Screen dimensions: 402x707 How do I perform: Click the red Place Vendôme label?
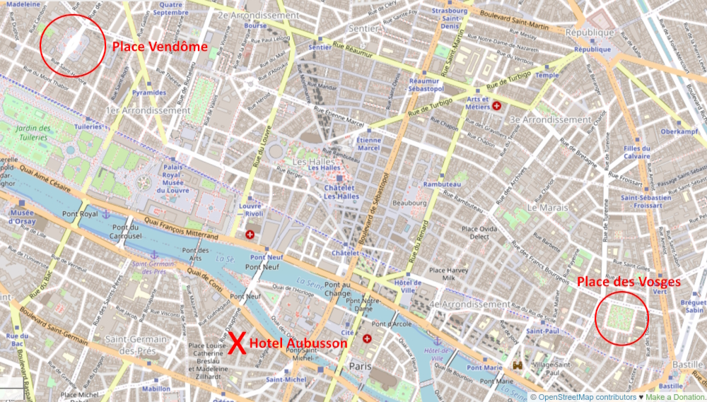click(x=160, y=47)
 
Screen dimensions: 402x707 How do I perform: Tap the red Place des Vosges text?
click(x=629, y=281)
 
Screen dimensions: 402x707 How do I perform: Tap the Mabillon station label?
click(x=156, y=388)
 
